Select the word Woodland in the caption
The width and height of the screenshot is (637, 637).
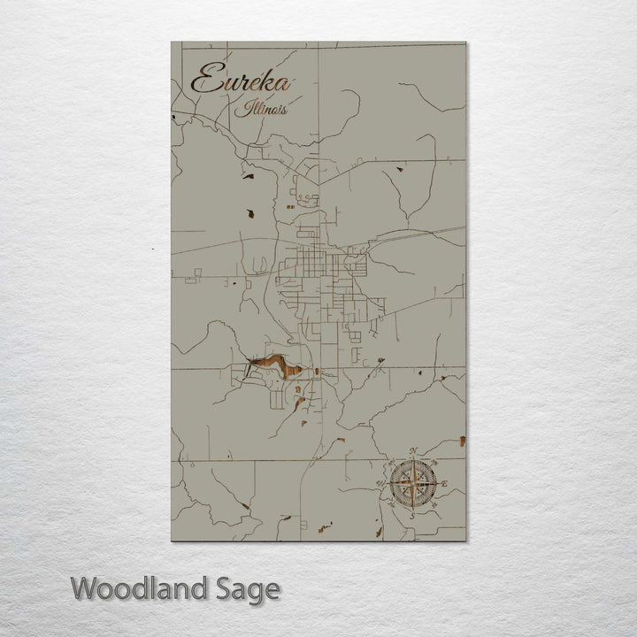pyautogui.click(x=142, y=588)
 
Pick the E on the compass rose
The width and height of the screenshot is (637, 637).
pyautogui.click(x=444, y=483)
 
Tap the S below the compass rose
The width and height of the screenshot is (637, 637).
pyautogui.click(x=411, y=514)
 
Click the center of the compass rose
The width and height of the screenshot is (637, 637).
pyautogui.click(x=412, y=484)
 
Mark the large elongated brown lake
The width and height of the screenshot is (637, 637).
pyautogui.click(x=276, y=365)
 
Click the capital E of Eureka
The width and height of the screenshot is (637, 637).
pyautogui.click(x=204, y=80)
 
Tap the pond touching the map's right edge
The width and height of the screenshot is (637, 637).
pyautogui.click(x=462, y=440)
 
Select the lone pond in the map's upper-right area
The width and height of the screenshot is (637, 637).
pyautogui.click(x=400, y=168)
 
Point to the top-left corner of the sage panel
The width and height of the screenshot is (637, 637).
pyautogui.click(x=172, y=42)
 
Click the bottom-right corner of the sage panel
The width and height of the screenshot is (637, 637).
pyautogui.click(x=465, y=540)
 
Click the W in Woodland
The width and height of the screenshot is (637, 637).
pyautogui.click(x=85, y=588)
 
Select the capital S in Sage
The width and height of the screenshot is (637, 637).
pyautogui.click(x=227, y=588)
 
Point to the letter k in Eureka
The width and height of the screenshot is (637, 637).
pyautogui.click(x=266, y=82)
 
